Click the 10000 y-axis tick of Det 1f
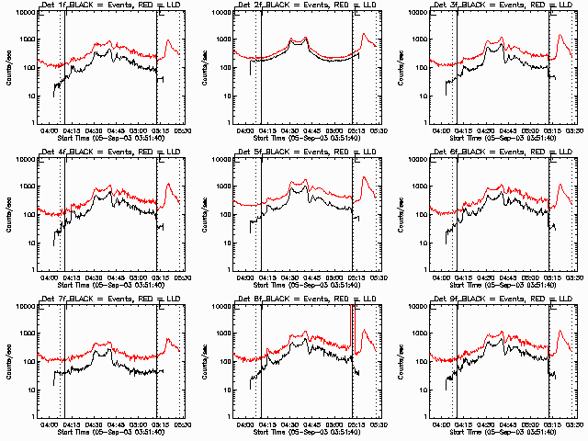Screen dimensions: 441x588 click(x=25, y=13)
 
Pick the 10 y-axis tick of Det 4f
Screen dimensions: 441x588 click(x=29, y=243)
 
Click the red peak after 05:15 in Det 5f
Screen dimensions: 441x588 click(x=364, y=177)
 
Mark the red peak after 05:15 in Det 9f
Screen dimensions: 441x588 click(x=560, y=332)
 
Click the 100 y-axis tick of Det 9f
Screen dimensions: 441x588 click(x=422, y=362)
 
